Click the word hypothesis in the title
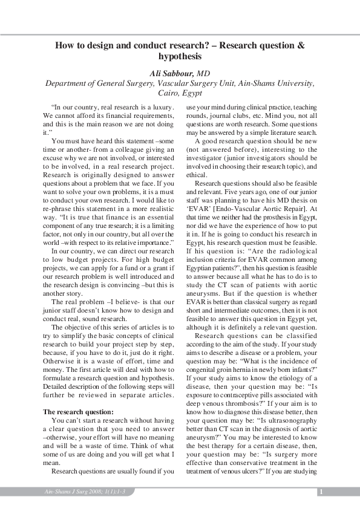[x=180, y=56]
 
